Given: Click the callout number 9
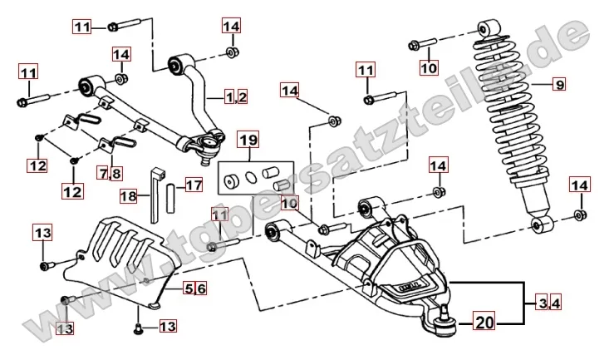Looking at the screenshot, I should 559,84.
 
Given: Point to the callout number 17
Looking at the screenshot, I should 193,185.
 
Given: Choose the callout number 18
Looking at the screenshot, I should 129,197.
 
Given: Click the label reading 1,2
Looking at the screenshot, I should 236,97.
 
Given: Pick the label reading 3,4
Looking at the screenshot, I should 543,303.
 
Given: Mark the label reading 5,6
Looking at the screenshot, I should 194,288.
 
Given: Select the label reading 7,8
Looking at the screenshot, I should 110,174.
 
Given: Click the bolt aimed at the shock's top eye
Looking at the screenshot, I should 423,43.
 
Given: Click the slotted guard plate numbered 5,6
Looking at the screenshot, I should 125,247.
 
